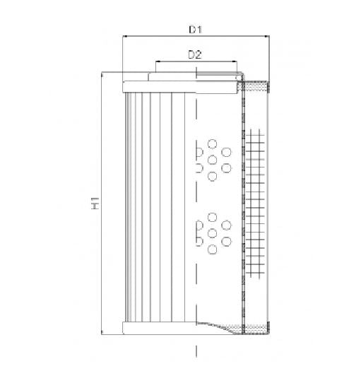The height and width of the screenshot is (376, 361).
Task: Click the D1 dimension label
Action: (x=196, y=30)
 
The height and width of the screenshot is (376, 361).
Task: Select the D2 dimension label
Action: (x=196, y=54)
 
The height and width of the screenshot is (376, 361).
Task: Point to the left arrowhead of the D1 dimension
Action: (x=125, y=38)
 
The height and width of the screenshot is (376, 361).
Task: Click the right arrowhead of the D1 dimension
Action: (x=267, y=38)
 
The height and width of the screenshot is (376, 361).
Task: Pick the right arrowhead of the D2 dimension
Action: (x=239, y=62)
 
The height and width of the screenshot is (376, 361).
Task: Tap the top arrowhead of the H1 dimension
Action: (x=103, y=74)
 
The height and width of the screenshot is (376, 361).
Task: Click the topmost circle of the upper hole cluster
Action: (x=212, y=142)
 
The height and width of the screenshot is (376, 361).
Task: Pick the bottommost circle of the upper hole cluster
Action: (x=212, y=177)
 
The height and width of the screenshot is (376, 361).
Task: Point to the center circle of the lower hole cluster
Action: (x=212, y=233)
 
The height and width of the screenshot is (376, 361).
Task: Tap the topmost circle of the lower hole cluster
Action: (x=212, y=216)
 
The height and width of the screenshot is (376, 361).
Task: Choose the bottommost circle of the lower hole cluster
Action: (x=212, y=249)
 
